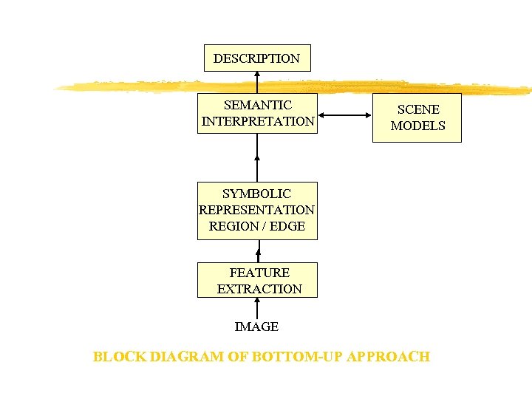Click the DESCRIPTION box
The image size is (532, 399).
(x=256, y=58)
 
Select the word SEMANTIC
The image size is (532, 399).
(x=257, y=105)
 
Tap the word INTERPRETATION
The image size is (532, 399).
(x=257, y=121)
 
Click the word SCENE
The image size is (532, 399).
(x=417, y=109)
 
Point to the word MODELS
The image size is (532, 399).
(x=417, y=126)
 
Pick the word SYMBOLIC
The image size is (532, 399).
(x=256, y=194)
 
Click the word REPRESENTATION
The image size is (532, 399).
(x=256, y=210)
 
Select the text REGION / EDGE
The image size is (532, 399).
(x=256, y=226)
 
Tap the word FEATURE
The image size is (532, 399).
(x=259, y=273)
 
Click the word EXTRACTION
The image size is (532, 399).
(x=259, y=289)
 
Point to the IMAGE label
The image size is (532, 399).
(x=256, y=327)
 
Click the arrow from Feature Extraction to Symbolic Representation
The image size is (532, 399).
(x=258, y=251)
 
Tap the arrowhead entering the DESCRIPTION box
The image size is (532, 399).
(x=257, y=74)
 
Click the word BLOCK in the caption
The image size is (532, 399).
(x=119, y=357)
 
